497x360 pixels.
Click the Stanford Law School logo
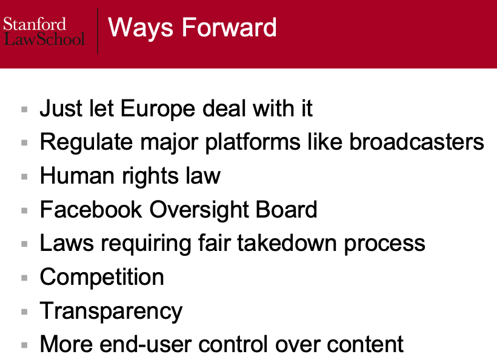point(44,32)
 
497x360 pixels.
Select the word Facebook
point(90,210)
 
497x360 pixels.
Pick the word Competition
point(102,277)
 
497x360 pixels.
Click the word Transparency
point(111,311)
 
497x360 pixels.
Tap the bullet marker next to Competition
point(24,278)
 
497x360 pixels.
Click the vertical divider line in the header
point(98,32)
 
